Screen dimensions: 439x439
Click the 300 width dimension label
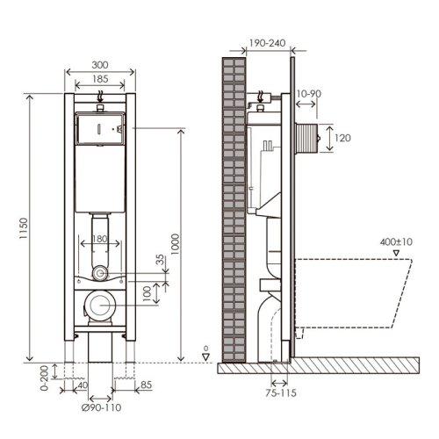pos(100,65)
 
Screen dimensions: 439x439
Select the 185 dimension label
pos(100,79)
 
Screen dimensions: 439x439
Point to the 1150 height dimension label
pos(24,228)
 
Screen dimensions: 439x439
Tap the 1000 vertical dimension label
pos(175,244)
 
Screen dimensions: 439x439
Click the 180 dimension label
pos(99,239)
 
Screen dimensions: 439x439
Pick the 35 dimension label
pos(160,260)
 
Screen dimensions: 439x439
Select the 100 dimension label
pos(147,293)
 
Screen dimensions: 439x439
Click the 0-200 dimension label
pos(44,378)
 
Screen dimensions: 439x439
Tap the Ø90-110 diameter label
pos(101,407)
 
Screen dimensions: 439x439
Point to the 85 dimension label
pos(146,385)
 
